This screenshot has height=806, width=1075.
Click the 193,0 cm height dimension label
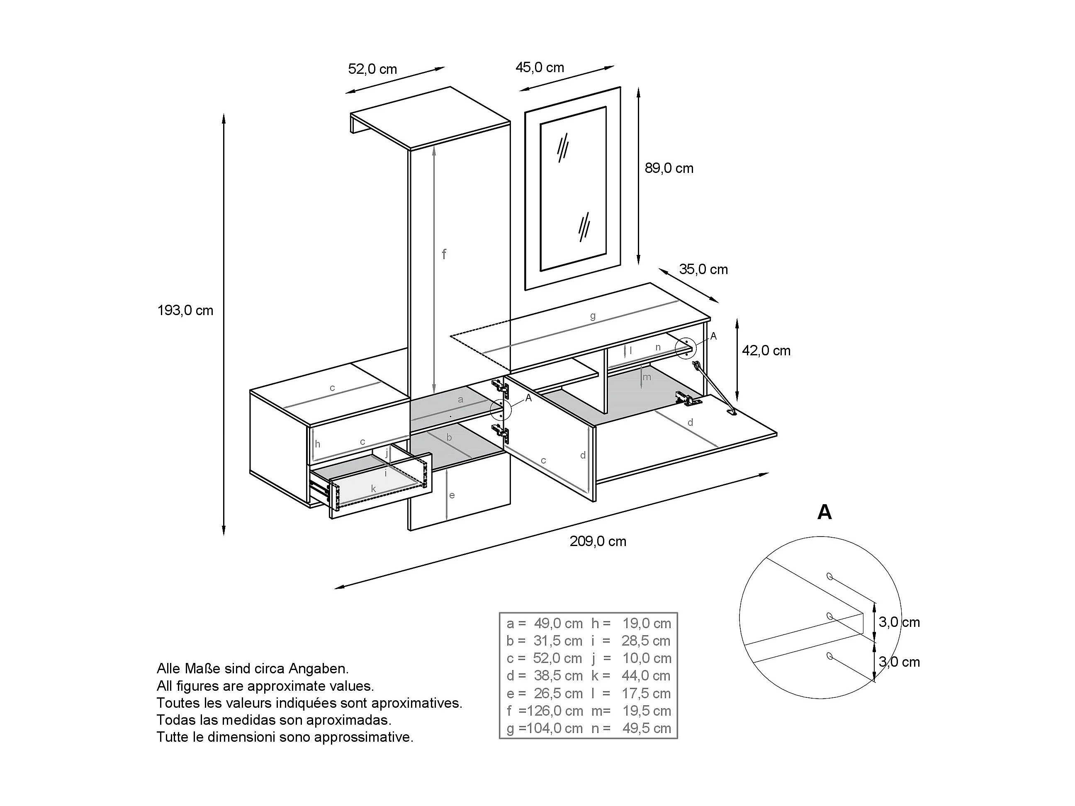pyautogui.click(x=185, y=311)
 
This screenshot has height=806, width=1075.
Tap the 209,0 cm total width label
pyautogui.click(x=598, y=541)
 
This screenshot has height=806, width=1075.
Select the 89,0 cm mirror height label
pyautogui.click(x=669, y=168)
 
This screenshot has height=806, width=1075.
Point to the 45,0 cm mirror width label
pyautogui.click(x=540, y=68)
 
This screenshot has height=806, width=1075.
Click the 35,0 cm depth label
pyautogui.click(x=703, y=269)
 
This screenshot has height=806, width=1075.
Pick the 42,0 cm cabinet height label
pyautogui.click(x=766, y=350)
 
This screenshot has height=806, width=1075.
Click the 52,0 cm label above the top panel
pyautogui.click(x=372, y=69)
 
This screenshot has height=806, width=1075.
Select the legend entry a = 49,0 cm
pyautogui.click(x=544, y=623)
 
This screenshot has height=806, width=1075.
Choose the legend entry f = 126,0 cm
pyautogui.click(x=544, y=711)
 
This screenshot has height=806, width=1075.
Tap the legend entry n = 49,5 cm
pyautogui.click(x=631, y=728)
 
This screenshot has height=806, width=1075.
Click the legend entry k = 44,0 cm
pyautogui.click(x=631, y=676)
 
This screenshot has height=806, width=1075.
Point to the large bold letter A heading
pyautogui.click(x=824, y=512)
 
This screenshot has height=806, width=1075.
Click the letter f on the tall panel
pyautogui.click(x=444, y=254)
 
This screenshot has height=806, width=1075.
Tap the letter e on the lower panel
pyautogui.click(x=452, y=495)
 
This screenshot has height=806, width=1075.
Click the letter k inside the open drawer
pyautogui.click(x=373, y=489)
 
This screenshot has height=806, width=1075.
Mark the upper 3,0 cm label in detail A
pyautogui.click(x=899, y=622)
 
